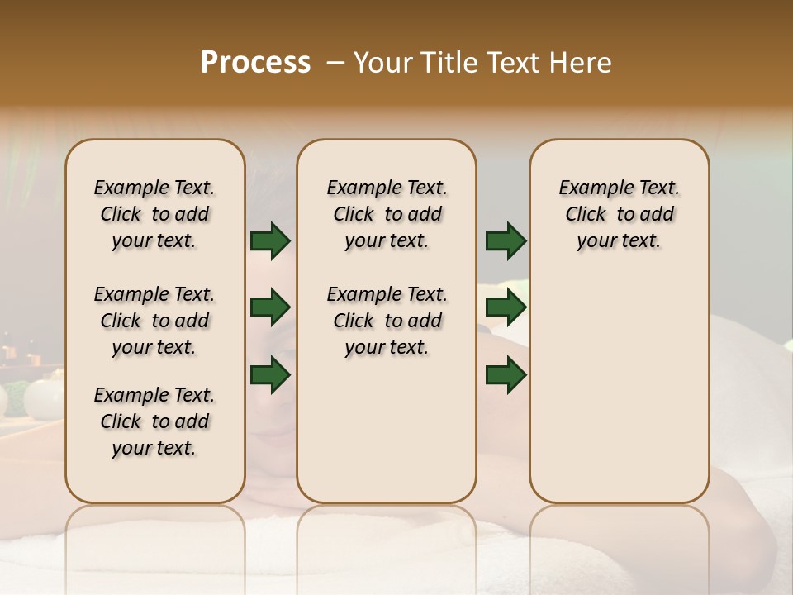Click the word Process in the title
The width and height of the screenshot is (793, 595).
coord(255,63)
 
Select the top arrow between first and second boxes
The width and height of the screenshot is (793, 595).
coord(270,241)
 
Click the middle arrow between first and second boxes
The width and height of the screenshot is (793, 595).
coord(270,308)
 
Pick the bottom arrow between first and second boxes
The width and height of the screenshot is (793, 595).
coord(270,375)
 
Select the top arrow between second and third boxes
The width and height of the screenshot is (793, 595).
coord(506,241)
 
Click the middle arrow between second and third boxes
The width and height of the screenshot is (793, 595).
coord(506,308)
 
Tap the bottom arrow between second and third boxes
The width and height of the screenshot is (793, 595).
coord(506,375)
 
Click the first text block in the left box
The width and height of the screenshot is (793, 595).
coord(154,214)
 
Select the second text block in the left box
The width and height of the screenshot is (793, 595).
coord(154,321)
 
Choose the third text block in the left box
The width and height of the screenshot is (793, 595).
coord(154,421)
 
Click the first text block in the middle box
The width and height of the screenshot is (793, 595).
coord(387,214)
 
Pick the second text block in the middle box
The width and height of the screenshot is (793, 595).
coord(387,321)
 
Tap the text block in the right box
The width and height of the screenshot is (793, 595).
coord(619,214)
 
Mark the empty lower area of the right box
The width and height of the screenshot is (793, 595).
coord(619,388)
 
